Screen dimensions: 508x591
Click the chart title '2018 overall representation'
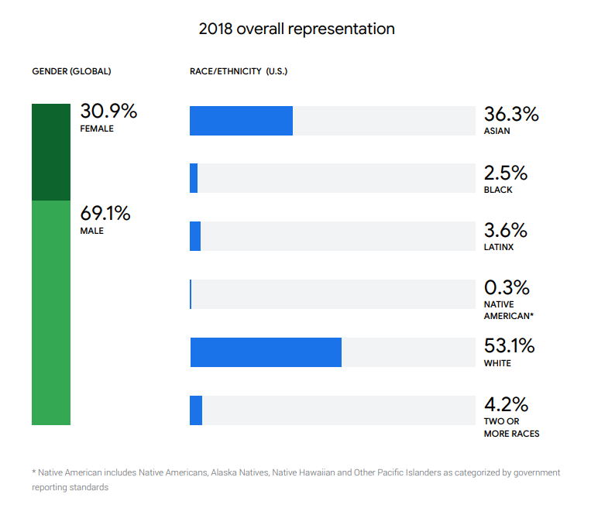(x=297, y=29)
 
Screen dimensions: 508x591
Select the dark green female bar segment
(x=51, y=152)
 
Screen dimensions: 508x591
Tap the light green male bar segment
(x=51, y=313)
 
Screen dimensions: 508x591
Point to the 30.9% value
(x=108, y=112)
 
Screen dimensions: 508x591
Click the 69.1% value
(x=105, y=214)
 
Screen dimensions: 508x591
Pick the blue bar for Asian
(x=241, y=121)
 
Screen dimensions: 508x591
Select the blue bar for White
(x=266, y=352)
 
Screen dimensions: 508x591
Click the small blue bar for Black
(x=194, y=178)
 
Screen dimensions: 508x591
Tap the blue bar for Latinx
(x=195, y=236)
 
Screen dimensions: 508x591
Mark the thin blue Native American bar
(x=191, y=294)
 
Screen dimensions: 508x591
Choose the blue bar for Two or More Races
(x=196, y=410)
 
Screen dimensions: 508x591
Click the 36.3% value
(x=511, y=115)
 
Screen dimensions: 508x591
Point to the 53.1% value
(x=509, y=346)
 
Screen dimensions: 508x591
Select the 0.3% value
(x=507, y=288)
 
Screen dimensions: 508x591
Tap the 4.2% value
(x=506, y=404)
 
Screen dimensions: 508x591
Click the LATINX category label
(x=499, y=248)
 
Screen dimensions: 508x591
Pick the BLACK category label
(x=498, y=190)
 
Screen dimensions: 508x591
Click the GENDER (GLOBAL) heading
(x=71, y=71)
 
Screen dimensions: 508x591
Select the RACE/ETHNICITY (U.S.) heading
(x=239, y=71)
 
